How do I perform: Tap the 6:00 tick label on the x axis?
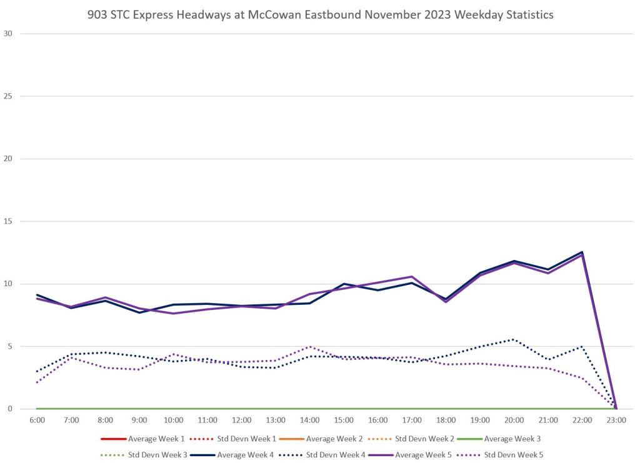click(x=37, y=421)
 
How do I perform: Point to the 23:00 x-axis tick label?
click(x=616, y=421)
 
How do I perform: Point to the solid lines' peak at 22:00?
click(x=582, y=252)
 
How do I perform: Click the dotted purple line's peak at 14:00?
click(x=310, y=346)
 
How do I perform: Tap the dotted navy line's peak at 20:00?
click(x=514, y=339)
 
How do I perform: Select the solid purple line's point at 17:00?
click(x=412, y=276)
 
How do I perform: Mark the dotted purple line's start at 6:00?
click(x=37, y=382)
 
